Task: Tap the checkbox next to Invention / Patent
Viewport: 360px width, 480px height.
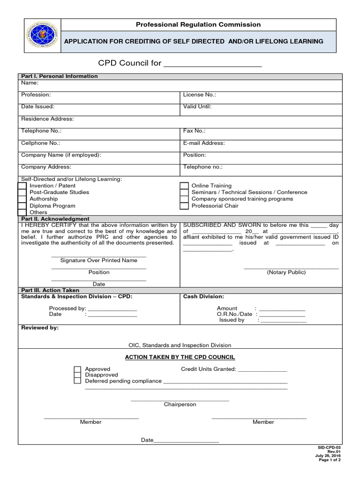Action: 22,186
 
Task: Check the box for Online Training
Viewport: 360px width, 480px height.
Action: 184,186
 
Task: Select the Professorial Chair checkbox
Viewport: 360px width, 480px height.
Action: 184,206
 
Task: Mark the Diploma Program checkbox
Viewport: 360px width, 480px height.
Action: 22,206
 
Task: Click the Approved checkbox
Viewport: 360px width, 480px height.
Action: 77,369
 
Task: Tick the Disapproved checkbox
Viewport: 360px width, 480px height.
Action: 77,375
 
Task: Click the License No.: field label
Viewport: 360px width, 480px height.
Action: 199,95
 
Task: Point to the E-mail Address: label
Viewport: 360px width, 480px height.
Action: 204,143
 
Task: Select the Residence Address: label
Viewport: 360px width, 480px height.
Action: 47,119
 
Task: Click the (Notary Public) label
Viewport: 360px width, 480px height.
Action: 286,272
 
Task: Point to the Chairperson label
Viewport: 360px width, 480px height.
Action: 180,405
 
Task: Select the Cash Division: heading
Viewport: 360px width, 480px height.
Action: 203,297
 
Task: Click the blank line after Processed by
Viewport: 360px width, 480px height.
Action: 112,309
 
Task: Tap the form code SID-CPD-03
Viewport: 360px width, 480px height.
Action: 330,448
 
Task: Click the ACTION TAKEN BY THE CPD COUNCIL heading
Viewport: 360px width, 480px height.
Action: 180,357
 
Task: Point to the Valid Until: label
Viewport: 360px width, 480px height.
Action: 197,107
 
